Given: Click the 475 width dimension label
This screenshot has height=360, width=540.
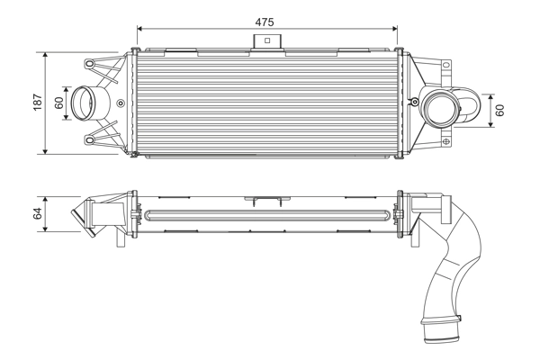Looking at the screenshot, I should pyautogui.click(x=264, y=20).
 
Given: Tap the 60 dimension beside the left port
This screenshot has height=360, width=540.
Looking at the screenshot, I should pyautogui.click(x=60, y=103).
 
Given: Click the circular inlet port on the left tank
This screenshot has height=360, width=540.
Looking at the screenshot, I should pyautogui.click(x=85, y=102).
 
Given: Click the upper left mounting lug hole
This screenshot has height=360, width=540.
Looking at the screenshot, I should pyautogui.click(x=90, y=63).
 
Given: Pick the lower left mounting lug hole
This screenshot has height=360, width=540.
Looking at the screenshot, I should pyautogui.click(x=90, y=139).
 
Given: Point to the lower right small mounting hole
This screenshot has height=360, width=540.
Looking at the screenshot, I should pyautogui.click(x=448, y=140).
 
